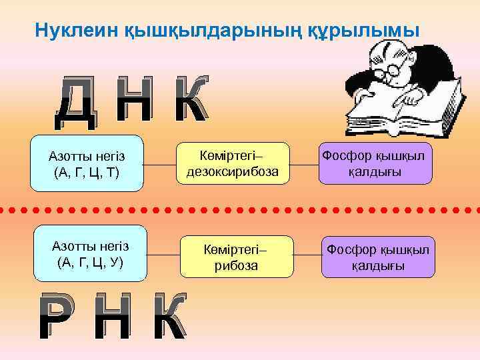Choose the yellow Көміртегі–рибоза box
237,257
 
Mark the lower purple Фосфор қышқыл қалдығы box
377,257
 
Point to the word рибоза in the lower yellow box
237,265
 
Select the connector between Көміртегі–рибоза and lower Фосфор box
307,255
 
